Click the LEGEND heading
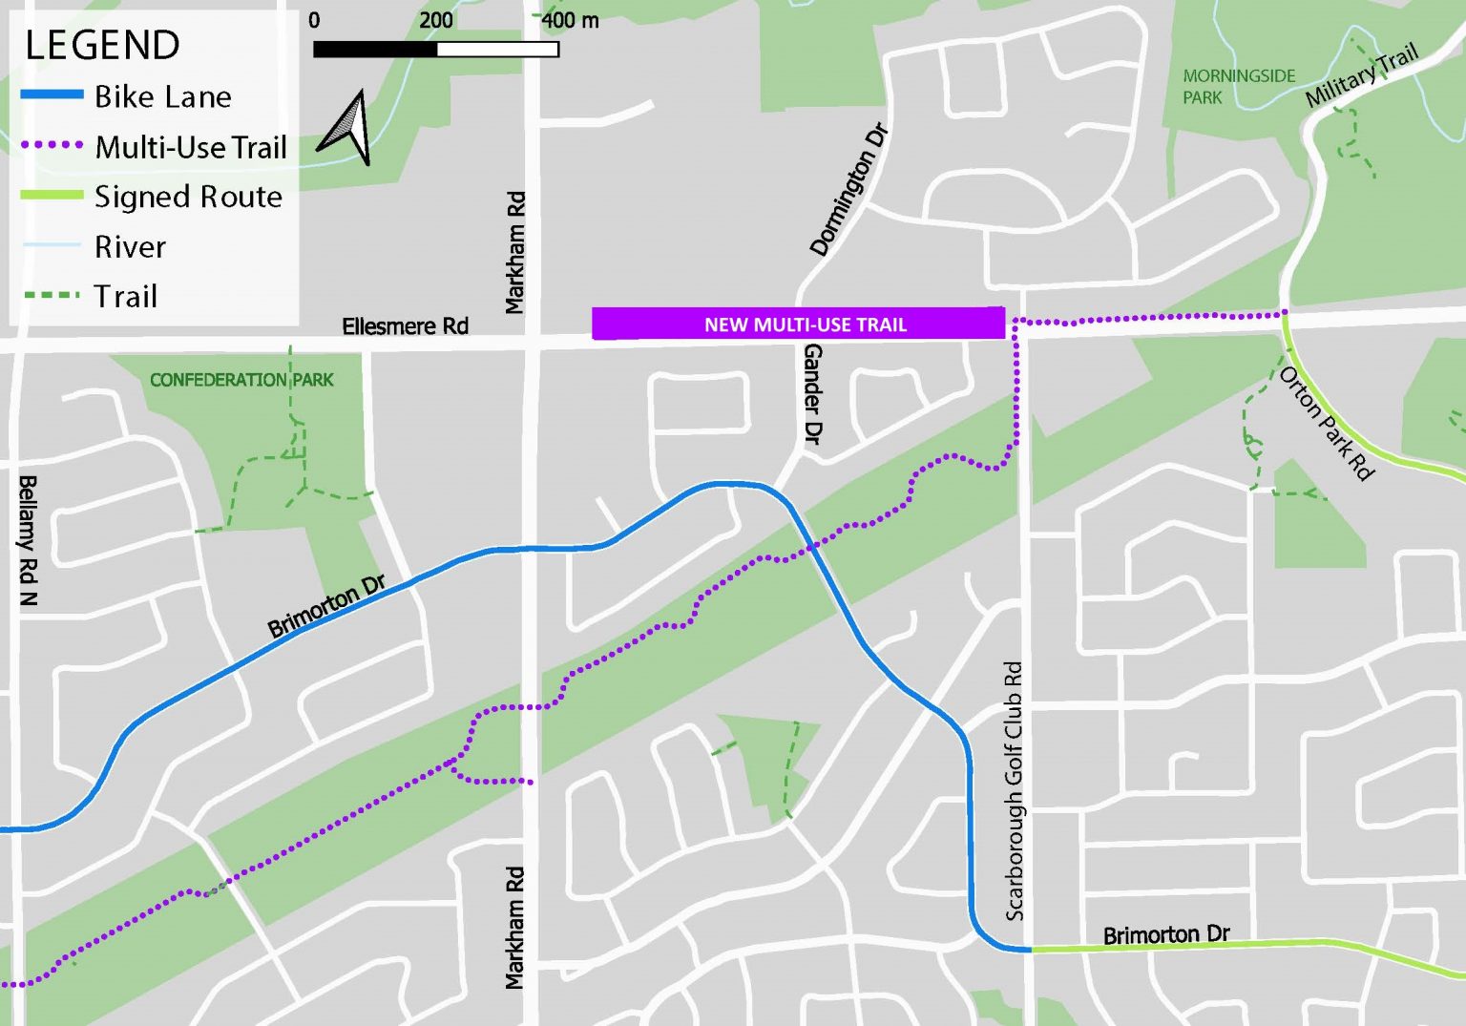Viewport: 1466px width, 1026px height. click(x=102, y=46)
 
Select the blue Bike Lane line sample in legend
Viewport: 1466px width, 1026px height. click(x=52, y=95)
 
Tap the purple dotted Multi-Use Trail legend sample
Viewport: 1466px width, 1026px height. click(x=52, y=146)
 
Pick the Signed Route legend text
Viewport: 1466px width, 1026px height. click(x=188, y=197)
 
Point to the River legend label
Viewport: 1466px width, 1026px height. click(x=130, y=247)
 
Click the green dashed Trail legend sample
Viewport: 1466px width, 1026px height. click(x=52, y=296)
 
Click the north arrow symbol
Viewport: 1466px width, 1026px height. click(x=346, y=128)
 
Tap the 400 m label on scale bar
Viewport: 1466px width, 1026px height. click(x=570, y=20)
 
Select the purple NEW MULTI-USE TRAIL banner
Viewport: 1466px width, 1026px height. click(x=798, y=324)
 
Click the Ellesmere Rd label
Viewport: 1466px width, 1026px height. click(x=405, y=326)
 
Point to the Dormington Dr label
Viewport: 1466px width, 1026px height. click(x=848, y=190)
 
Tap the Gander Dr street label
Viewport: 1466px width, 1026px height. click(x=812, y=394)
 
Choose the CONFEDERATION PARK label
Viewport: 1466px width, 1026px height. click(x=241, y=380)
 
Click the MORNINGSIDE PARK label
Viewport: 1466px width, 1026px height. click(x=1238, y=86)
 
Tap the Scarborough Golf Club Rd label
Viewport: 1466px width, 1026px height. click(x=1014, y=790)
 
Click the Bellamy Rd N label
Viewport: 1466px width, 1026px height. click(x=28, y=540)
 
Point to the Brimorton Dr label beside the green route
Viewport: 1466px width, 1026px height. click(x=1166, y=934)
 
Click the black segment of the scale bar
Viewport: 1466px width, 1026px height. click(x=375, y=49)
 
